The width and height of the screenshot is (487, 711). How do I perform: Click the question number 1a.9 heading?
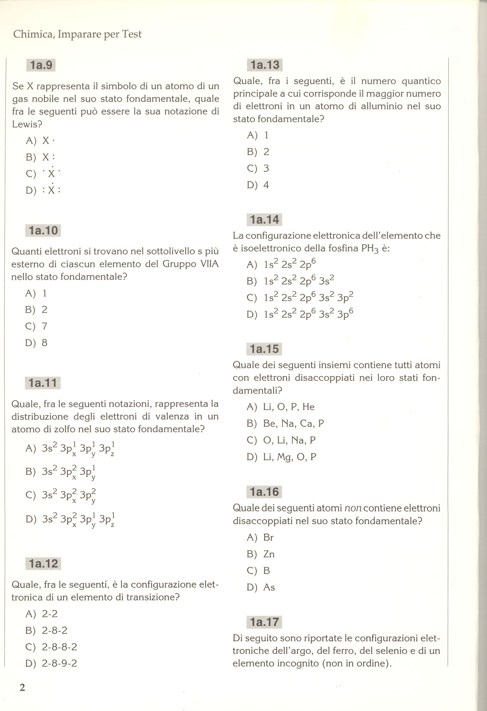click(x=41, y=65)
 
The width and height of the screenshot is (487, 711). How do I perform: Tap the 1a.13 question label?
click(x=265, y=65)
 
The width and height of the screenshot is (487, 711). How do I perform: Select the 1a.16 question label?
click(x=265, y=492)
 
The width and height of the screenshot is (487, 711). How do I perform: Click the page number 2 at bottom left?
click(x=22, y=688)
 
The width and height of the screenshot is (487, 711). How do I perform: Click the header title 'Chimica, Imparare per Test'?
click(x=77, y=34)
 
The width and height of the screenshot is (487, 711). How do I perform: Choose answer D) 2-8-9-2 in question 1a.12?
click(x=51, y=663)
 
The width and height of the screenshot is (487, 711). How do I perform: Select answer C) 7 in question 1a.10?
click(x=36, y=326)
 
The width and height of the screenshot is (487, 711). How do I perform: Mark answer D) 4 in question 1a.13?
click(x=258, y=185)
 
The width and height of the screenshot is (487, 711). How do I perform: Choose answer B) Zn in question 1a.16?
click(x=261, y=554)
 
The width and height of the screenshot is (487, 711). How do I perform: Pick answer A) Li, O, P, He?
click(x=281, y=407)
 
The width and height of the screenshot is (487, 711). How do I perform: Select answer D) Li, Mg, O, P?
click(x=282, y=457)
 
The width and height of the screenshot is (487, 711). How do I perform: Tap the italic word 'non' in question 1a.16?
click(x=353, y=508)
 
